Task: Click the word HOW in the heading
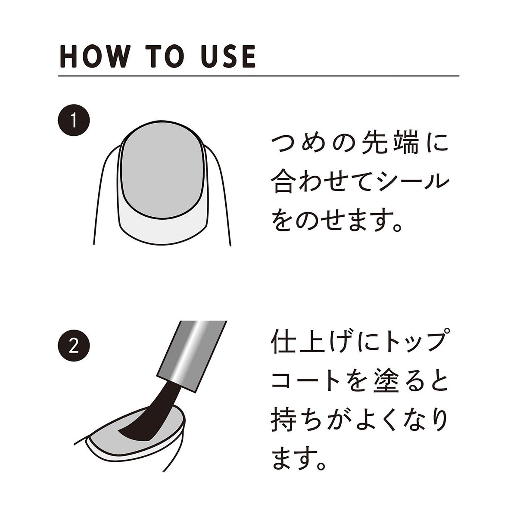coord(93,56)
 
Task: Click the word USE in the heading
coord(228,56)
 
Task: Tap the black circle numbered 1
coord(74,120)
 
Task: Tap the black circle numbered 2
coord(74,346)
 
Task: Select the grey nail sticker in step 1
coord(162,171)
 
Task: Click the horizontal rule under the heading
coord(258,76)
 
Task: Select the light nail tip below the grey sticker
coord(162,229)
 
